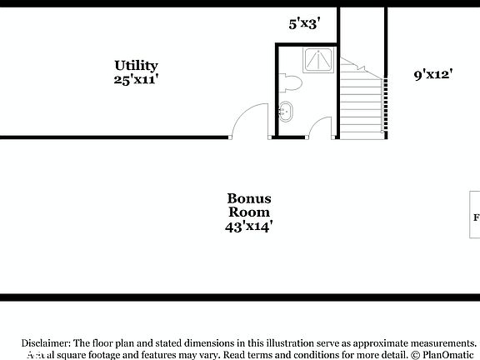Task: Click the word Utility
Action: click(x=137, y=65)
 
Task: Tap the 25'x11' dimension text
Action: click(x=137, y=80)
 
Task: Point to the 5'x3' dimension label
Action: click(x=305, y=24)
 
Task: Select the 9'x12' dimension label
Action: click(x=432, y=74)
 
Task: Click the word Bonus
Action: click(x=248, y=198)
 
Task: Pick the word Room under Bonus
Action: click(x=248, y=212)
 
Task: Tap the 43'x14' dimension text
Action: click(x=248, y=226)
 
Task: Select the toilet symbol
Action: click(x=291, y=83)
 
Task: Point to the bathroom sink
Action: click(x=287, y=112)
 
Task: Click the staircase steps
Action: click(x=360, y=104)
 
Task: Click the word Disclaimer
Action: click(x=47, y=343)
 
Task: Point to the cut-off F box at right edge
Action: click(x=476, y=218)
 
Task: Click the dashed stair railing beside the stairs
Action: click(x=384, y=104)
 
